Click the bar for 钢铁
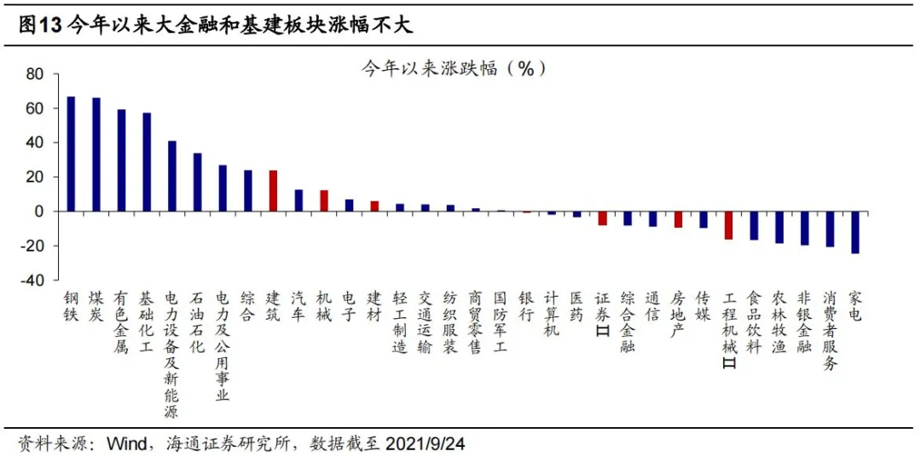71,153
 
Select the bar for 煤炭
96,154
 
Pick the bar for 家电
855,232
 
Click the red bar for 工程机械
728,225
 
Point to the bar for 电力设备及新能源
171,176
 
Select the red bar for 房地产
678,219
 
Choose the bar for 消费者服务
830,228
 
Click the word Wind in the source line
126,443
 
